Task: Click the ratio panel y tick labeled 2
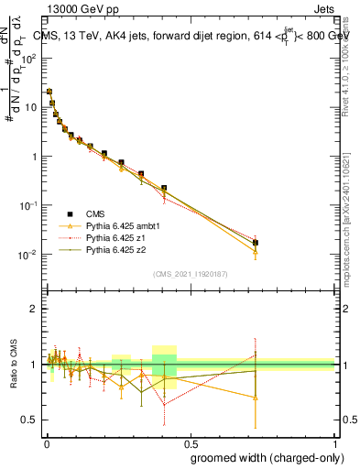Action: [34, 310]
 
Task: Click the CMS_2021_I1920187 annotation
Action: [190, 274]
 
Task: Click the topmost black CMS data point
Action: [49, 92]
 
